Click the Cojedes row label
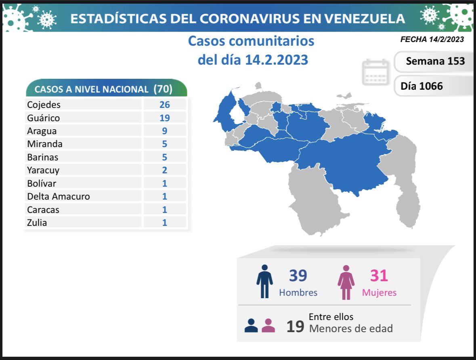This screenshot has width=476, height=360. pos(44,105)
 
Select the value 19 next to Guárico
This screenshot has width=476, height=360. pos(164,118)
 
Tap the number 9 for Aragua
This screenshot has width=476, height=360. pos(164,131)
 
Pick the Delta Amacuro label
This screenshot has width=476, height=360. pos(59,196)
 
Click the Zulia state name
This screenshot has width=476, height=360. pos(37,222)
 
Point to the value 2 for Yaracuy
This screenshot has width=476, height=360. pos(164,170)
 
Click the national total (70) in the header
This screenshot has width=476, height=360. pos(163,89)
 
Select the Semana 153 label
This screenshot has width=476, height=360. pos(435,61)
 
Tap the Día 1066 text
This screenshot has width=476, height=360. pos(421,86)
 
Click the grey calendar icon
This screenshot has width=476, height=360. pos(375,72)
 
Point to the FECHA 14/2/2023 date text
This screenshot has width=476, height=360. pos(432,40)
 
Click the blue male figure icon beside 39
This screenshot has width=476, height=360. pos(264,282)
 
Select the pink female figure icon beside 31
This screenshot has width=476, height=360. pos(346,282)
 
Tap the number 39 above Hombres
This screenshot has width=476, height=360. pos(298,276)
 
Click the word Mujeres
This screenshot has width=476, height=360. pos(379,293)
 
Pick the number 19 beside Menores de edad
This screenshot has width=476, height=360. pos(295,326)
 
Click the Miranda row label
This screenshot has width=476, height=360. pos(45,144)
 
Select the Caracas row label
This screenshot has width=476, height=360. pos(43,209)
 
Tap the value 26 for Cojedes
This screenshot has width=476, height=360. pos(164,105)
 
